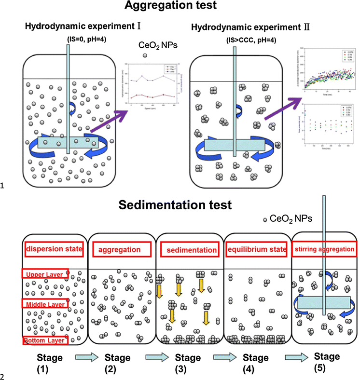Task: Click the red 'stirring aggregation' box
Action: [x=324, y=249]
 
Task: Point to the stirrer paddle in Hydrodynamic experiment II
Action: [x=234, y=145]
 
